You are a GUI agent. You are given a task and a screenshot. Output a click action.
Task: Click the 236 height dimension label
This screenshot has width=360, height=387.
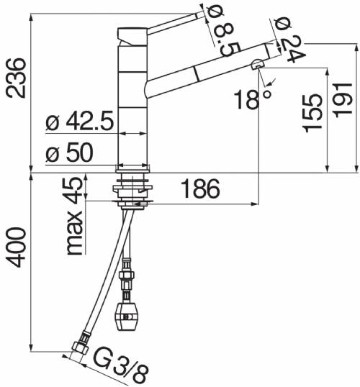point(16,78)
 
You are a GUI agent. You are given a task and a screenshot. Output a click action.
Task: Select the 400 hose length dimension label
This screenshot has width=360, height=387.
point(16,247)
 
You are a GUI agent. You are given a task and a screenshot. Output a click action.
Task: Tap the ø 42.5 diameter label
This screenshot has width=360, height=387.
point(80,121)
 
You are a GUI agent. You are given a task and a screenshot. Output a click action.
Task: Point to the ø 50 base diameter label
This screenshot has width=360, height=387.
point(69,152)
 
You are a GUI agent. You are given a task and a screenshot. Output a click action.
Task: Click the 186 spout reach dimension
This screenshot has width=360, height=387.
point(200,188)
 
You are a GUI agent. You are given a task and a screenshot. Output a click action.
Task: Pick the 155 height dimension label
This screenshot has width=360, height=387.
point(312,113)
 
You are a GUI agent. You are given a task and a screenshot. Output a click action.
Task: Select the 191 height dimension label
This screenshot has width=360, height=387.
point(342,100)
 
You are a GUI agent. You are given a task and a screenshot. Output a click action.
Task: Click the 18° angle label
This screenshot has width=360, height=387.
point(253,99)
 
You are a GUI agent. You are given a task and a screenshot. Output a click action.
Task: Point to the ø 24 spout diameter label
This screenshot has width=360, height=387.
point(290,40)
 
